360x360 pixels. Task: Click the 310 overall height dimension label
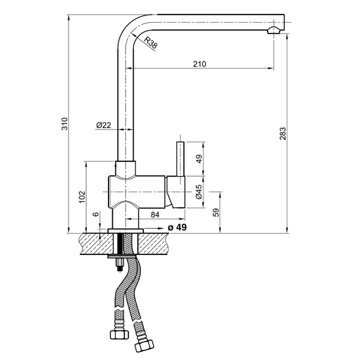[x=65, y=124]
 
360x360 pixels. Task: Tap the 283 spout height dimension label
[x=283, y=134]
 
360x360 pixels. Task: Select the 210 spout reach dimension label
[x=200, y=64]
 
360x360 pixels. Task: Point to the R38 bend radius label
[x=151, y=43]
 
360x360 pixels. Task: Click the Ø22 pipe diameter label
[x=104, y=125]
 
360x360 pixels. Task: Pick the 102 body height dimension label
[x=82, y=197]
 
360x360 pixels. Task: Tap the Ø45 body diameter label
[x=199, y=192]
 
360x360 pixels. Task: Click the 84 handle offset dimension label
[x=155, y=215]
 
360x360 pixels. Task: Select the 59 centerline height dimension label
[x=216, y=212]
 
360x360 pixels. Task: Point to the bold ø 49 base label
[x=177, y=227]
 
